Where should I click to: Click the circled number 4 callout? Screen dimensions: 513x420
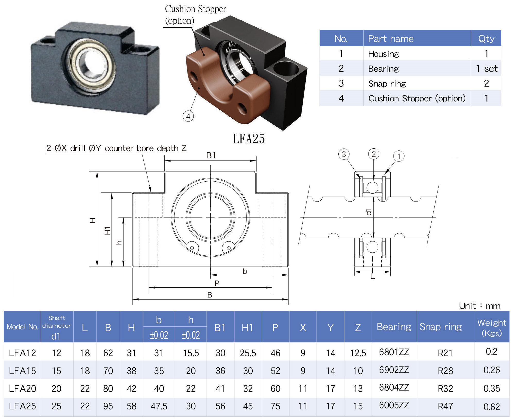188,116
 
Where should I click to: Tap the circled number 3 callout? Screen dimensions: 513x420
344,154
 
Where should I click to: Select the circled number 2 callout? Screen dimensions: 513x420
374,154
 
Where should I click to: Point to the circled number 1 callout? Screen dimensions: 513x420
399,156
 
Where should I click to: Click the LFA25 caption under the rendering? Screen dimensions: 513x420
249,139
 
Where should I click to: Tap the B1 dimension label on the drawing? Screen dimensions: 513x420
211,155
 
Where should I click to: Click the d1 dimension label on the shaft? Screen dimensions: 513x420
369,212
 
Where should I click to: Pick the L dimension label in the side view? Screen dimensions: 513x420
372,276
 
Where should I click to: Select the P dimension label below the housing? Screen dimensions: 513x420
217,283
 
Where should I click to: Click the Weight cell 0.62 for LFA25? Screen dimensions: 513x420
492,407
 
